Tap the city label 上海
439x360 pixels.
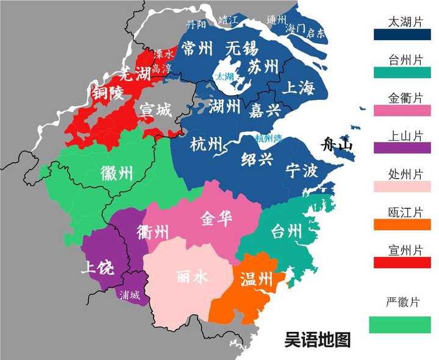pos(298,88)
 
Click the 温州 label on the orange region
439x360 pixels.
pos(256,280)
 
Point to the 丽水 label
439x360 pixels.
pos(192,277)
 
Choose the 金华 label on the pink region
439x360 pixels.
pos(216,219)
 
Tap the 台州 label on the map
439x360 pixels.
pos(286,231)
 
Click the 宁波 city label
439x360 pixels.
pos(301,171)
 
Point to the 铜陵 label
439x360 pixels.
pos(107,93)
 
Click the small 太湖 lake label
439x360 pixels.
pos(223,77)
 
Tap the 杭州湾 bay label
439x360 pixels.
pos(269,138)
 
